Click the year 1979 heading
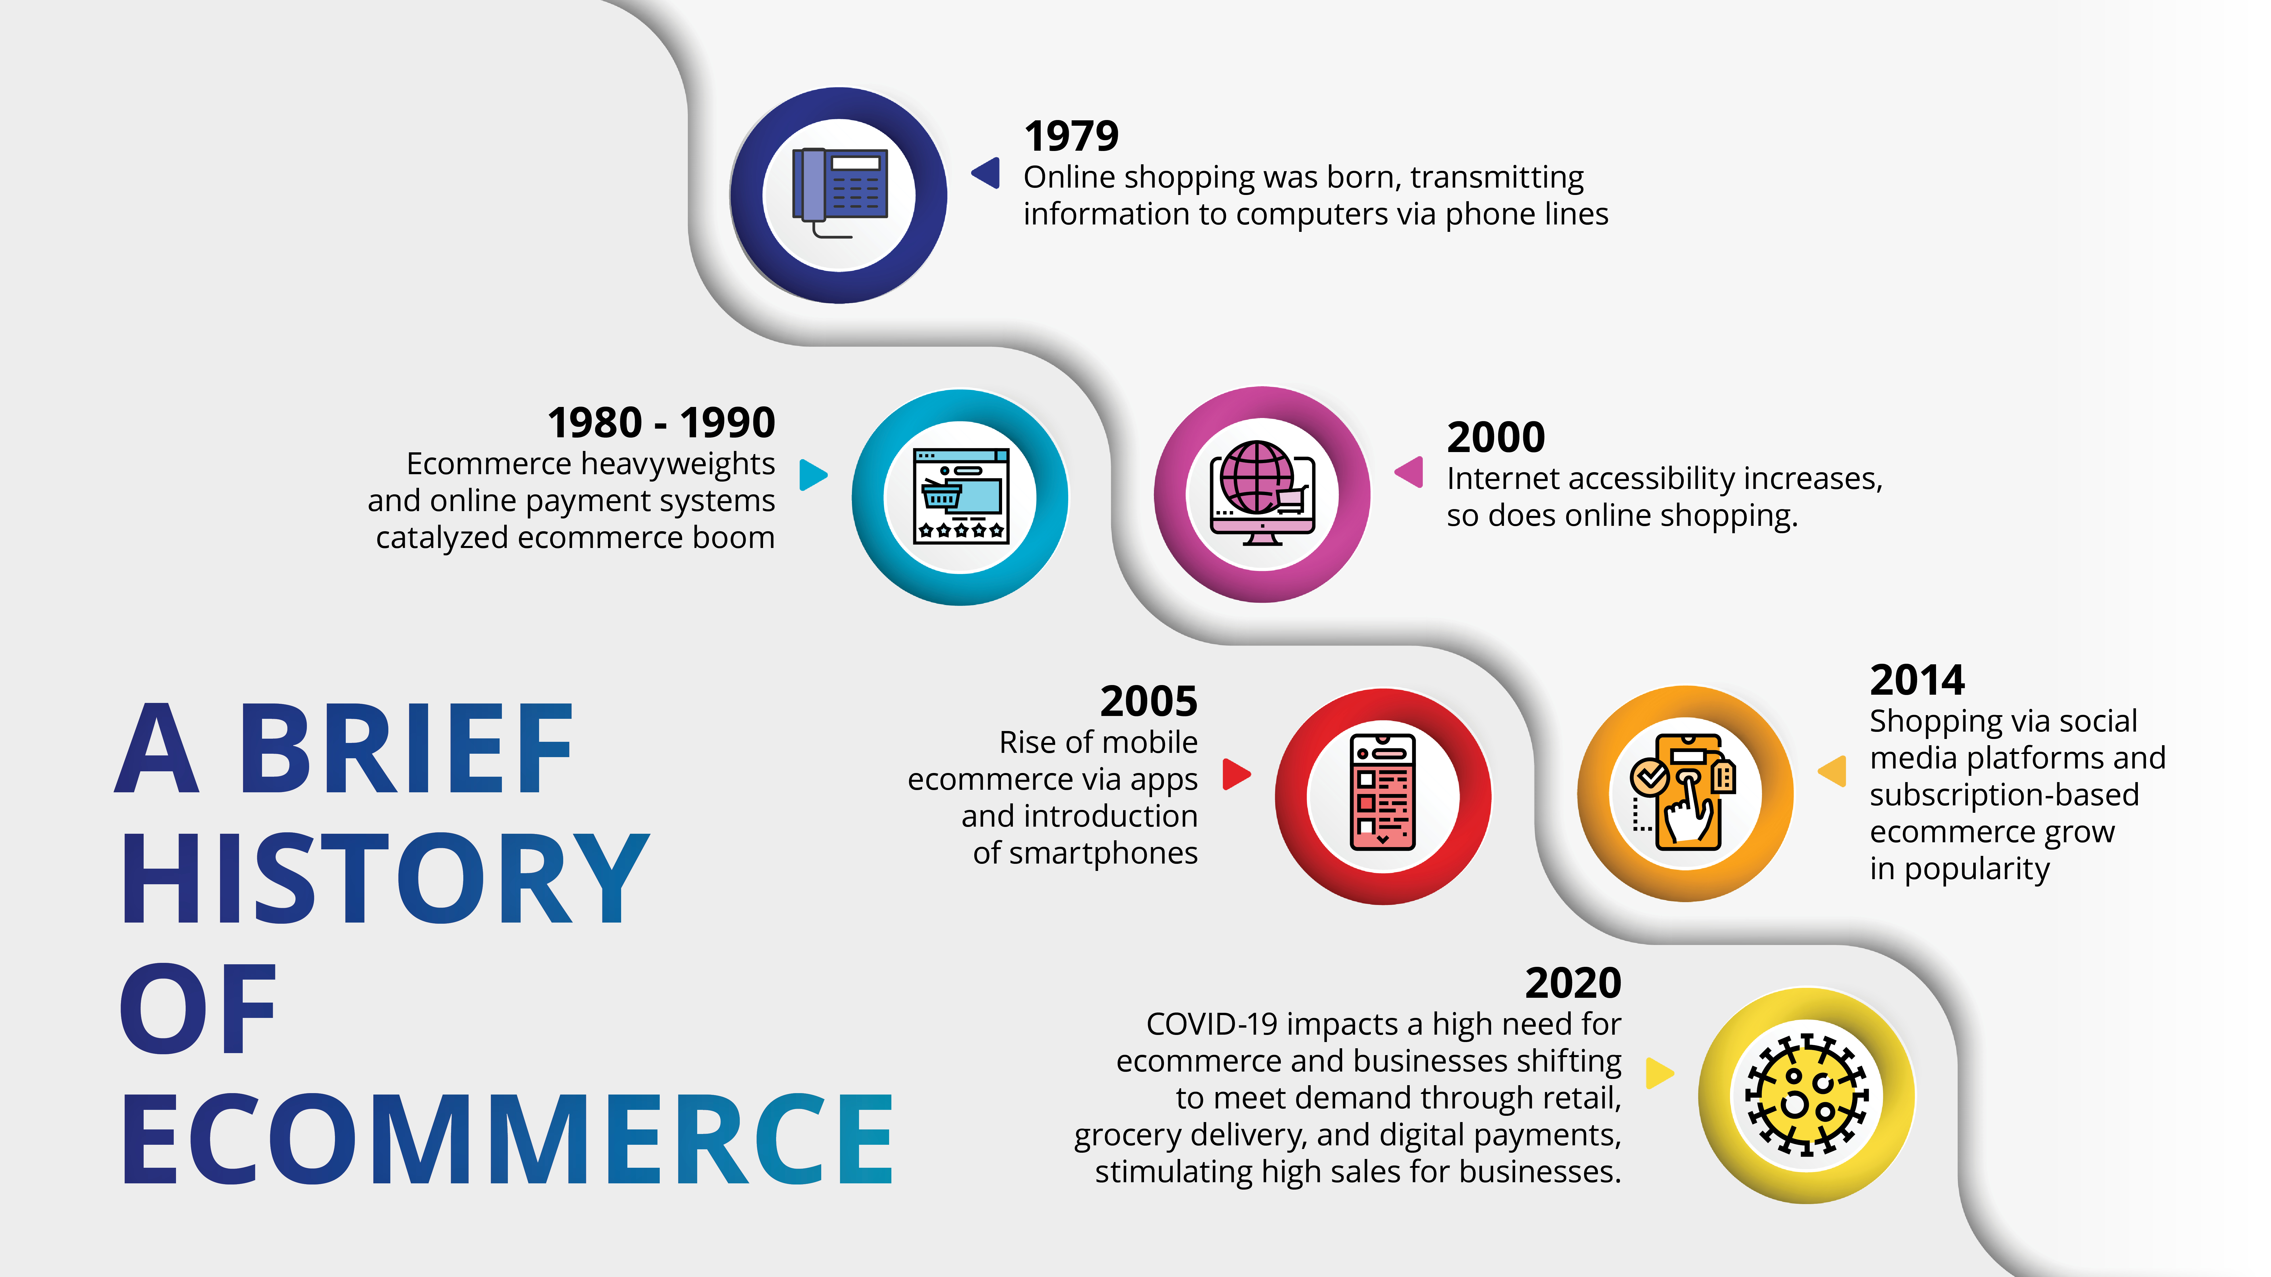click(x=1071, y=136)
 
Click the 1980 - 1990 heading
click(x=661, y=423)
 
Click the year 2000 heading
click(x=1496, y=437)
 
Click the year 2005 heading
click(x=1149, y=701)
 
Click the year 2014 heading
click(x=1918, y=680)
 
